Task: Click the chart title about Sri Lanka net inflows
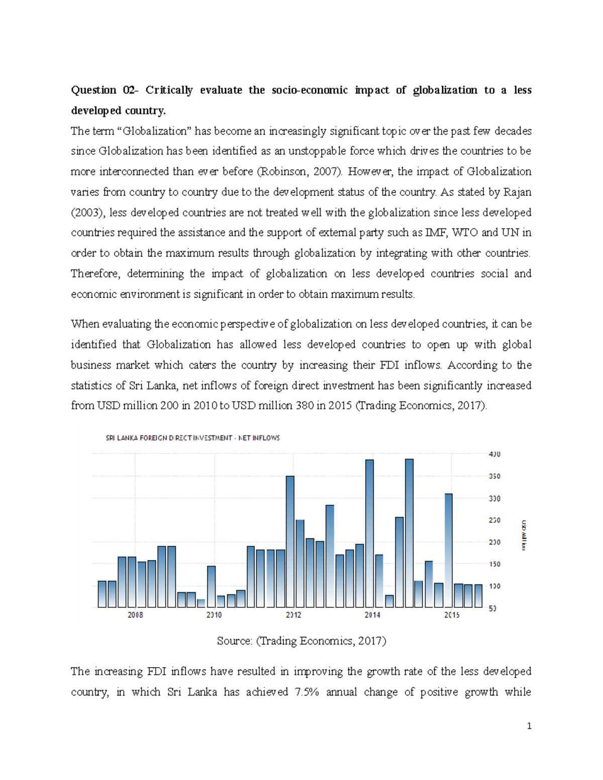(x=192, y=438)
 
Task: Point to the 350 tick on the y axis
(x=494, y=476)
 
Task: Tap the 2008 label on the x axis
(x=135, y=615)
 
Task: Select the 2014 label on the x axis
(x=372, y=615)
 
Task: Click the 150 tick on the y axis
(x=494, y=564)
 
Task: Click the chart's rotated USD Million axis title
(x=523, y=535)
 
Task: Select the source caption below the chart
(x=301, y=641)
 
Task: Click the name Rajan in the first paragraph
(x=518, y=192)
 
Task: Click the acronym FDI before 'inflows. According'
(x=390, y=365)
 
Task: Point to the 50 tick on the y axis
(x=492, y=608)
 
